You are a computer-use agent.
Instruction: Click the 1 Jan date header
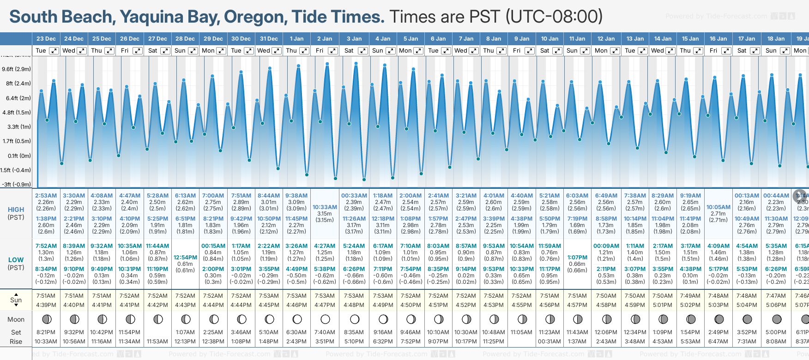click(x=296, y=39)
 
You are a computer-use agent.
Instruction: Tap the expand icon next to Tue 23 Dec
click(x=54, y=51)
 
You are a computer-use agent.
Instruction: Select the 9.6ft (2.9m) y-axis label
click(x=16, y=69)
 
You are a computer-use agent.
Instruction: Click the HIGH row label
click(x=16, y=210)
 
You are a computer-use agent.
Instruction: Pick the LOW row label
click(x=16, y=260)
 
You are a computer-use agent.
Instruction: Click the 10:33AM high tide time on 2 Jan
click(x=325, y=207)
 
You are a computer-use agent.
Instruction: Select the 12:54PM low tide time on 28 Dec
click(x=185, y=258)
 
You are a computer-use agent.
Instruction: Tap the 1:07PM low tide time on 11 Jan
click(x=577, y=258)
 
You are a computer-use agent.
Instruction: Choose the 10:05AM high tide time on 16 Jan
click(x=718, y=207)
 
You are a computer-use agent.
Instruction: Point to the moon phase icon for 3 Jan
click(x=354, y=319)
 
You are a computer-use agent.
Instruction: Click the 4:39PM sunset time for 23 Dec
click(x=46, y=305)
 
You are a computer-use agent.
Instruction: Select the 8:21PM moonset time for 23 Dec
click(x=46, y=332)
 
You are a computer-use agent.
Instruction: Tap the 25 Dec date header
click(x=102, y=39)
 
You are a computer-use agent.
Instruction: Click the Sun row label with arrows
click(x=16, y=300)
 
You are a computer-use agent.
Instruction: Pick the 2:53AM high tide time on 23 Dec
click(x=46, y=196)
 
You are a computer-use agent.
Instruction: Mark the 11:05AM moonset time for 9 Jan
click(x=522, y=332)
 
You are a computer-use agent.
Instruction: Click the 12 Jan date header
click(x=606, y=39)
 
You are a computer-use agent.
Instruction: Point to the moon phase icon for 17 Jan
click(x=747, y=319)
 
